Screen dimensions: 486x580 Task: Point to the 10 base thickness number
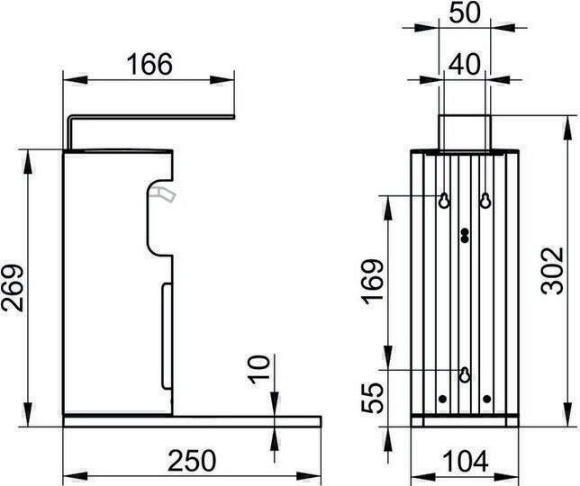pyautogui.click(x=258, y=370)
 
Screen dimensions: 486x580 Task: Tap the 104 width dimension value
pyautogui.click(x=465, y=461)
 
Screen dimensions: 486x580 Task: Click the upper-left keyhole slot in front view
pyautogui.click(x=444, y=201)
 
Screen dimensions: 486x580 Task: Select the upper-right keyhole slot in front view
pyautogui.click(x=485, y=201)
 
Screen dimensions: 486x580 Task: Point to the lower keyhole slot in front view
pyautogui.click(x=465, y=373)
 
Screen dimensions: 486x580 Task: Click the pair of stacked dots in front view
pyautogui.click(x=465, y=236)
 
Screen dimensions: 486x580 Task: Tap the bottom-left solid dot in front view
pyautogui.click(x=442, y=398)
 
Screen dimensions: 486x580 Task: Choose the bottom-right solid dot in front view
pyautogui.click(x=487, y=398)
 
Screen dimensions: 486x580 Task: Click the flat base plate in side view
pyautogui.click(x=191, y=419)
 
